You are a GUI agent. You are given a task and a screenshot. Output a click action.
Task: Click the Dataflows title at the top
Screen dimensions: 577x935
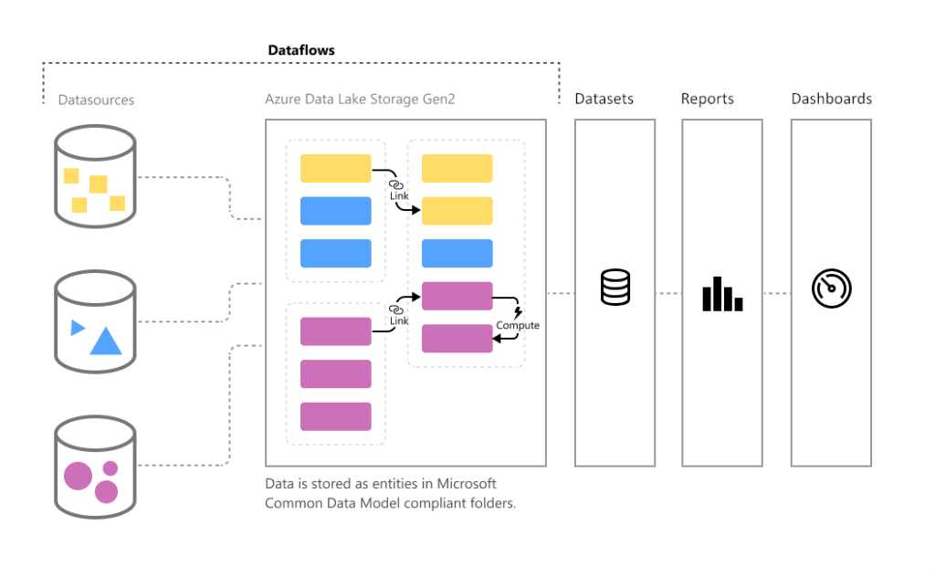tap(301, 50)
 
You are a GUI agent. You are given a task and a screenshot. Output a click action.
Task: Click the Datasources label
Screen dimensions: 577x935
tap(96, 100)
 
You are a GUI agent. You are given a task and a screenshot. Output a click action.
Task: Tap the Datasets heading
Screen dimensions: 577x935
tap(604, 99)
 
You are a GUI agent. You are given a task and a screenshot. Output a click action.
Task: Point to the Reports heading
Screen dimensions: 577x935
tap(707, 99)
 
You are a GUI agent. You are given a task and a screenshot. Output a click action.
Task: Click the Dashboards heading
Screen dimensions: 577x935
tap(831, 99)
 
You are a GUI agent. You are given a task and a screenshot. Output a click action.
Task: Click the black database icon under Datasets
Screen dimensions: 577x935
tap(615, 288)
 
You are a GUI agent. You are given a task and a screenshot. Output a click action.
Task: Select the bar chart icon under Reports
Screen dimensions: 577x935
tap(721, 293)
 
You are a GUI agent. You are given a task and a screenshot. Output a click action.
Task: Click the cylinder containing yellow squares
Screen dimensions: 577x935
tap(95, 176)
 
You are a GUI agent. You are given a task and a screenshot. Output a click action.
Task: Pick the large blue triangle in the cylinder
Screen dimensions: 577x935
tap(106, 341)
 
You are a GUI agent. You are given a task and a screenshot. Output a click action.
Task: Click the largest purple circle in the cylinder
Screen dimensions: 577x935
tap(79, 476)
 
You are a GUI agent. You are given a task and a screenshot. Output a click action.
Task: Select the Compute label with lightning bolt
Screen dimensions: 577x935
tap(518, 325)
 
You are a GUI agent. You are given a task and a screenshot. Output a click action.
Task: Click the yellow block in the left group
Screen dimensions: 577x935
tap(335, 168)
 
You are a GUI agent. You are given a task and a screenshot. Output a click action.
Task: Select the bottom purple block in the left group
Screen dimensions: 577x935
tap(335, 416)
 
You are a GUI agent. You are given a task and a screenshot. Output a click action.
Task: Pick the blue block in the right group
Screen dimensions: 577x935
tap(457, 253)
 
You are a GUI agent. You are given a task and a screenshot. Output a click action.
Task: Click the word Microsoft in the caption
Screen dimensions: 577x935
tap(467, 483)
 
